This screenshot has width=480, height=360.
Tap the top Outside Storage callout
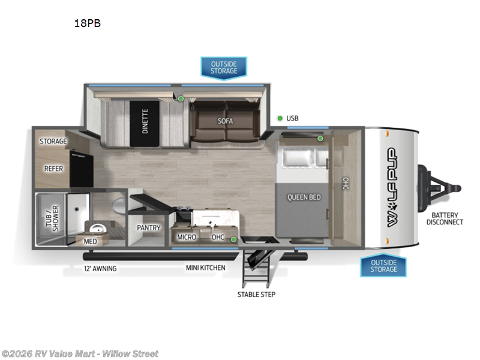tap(223, 67)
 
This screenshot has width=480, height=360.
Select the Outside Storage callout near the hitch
tap(383, 265)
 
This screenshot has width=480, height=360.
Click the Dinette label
tap(145, 121)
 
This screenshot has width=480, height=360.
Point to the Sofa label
tap(226, 120)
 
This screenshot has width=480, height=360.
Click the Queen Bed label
tap(304, 197)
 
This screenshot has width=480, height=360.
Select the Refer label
tap(53, 169)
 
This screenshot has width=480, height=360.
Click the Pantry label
tap(148, 228)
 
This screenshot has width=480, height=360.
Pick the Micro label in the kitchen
tap(186, 237)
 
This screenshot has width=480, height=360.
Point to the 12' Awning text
tap(100, 268)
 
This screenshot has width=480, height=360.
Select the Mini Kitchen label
tap(205, 268)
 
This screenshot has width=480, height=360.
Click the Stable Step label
tap(256, 294)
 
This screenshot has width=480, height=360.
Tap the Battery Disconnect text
tap(445, 218)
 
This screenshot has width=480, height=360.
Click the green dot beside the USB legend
tap(280, 118)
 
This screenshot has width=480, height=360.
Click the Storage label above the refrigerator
tap(53, 141)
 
